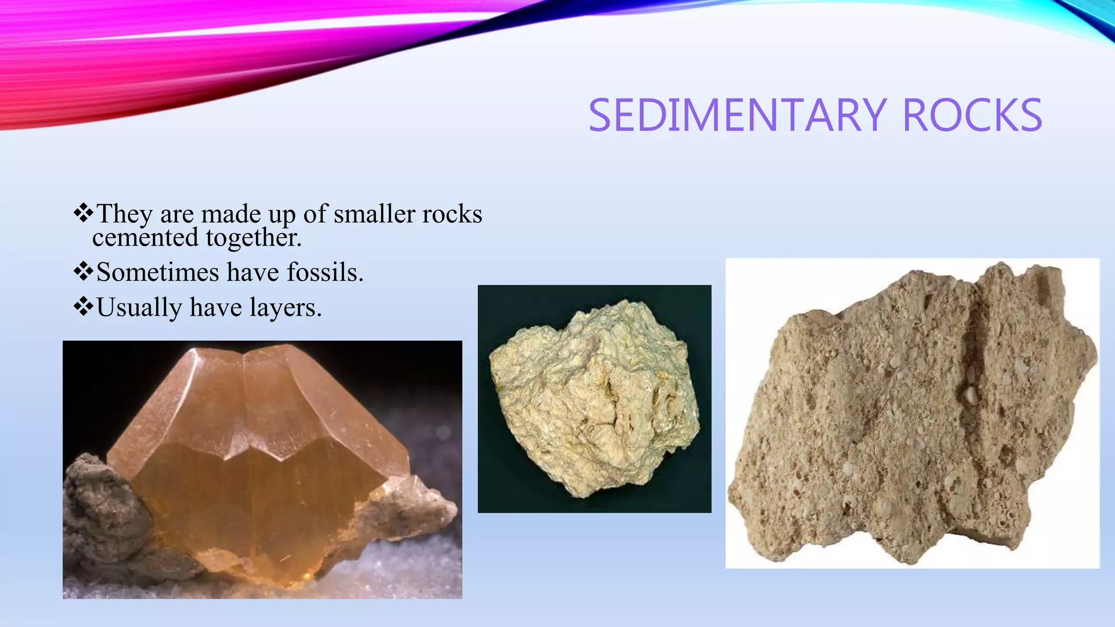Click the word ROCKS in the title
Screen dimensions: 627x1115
click(972, 115)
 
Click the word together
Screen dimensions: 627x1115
click(254, 238)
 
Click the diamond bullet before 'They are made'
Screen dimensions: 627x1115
click(83, 213)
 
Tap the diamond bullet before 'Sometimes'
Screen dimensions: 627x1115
click(83, 271)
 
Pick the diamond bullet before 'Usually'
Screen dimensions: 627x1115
click(83, 306)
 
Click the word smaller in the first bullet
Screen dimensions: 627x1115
click(370, 214)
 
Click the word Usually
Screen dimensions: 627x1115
click(139, 308)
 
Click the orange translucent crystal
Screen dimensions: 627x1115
click(256, 463)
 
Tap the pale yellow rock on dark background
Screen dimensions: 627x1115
click(593, 397)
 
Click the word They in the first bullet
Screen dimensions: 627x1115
click(124, 214)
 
